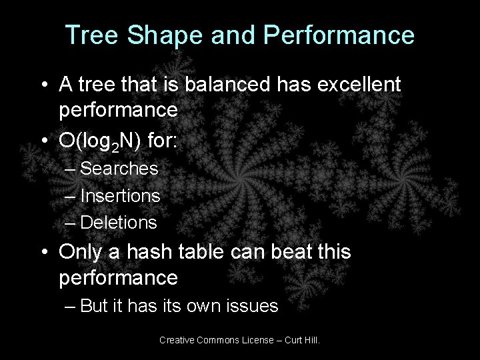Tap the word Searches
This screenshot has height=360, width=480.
tap(119, 169)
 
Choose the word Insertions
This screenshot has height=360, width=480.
tap(120, 195)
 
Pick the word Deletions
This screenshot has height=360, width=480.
tap(119, 221)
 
